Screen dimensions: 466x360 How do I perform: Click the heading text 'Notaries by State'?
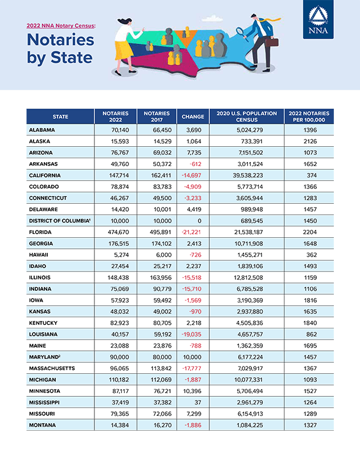pyautogui.click(x=60, y=49)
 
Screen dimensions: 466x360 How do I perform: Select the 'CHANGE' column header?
pyautogui.click(x=192, y=117)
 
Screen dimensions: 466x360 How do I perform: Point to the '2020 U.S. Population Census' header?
pyautogui.click(x=246, y=117)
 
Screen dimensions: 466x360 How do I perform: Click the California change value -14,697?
pyautogui.click(x=192, y=175)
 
